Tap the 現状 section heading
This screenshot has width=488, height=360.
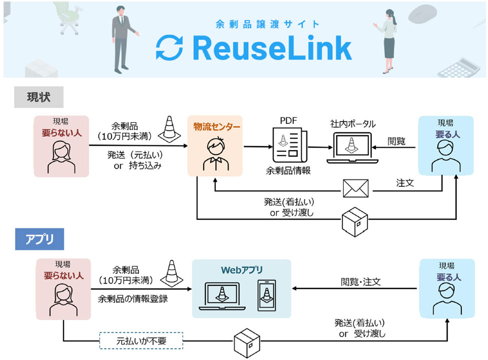[39, 97]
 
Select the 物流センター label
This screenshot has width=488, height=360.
[217, 127]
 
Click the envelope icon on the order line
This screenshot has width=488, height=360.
[355, 189]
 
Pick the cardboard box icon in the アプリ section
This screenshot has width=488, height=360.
[248, 343]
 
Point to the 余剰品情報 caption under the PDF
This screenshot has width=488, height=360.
[288, 171]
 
